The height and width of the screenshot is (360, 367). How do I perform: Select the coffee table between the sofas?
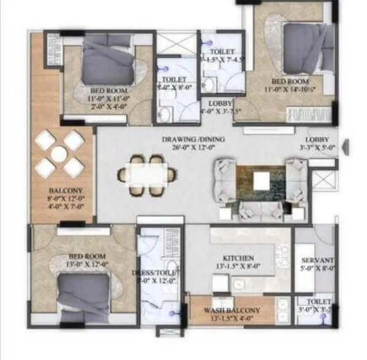[261, 180]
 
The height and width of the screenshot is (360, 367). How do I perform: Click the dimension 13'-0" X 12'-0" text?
[87, 264]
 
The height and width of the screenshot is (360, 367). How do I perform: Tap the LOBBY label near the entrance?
[320, 139]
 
